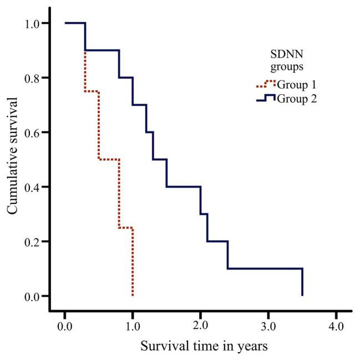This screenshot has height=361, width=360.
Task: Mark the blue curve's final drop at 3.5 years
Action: pyautogui.click(x=302, y=283)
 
